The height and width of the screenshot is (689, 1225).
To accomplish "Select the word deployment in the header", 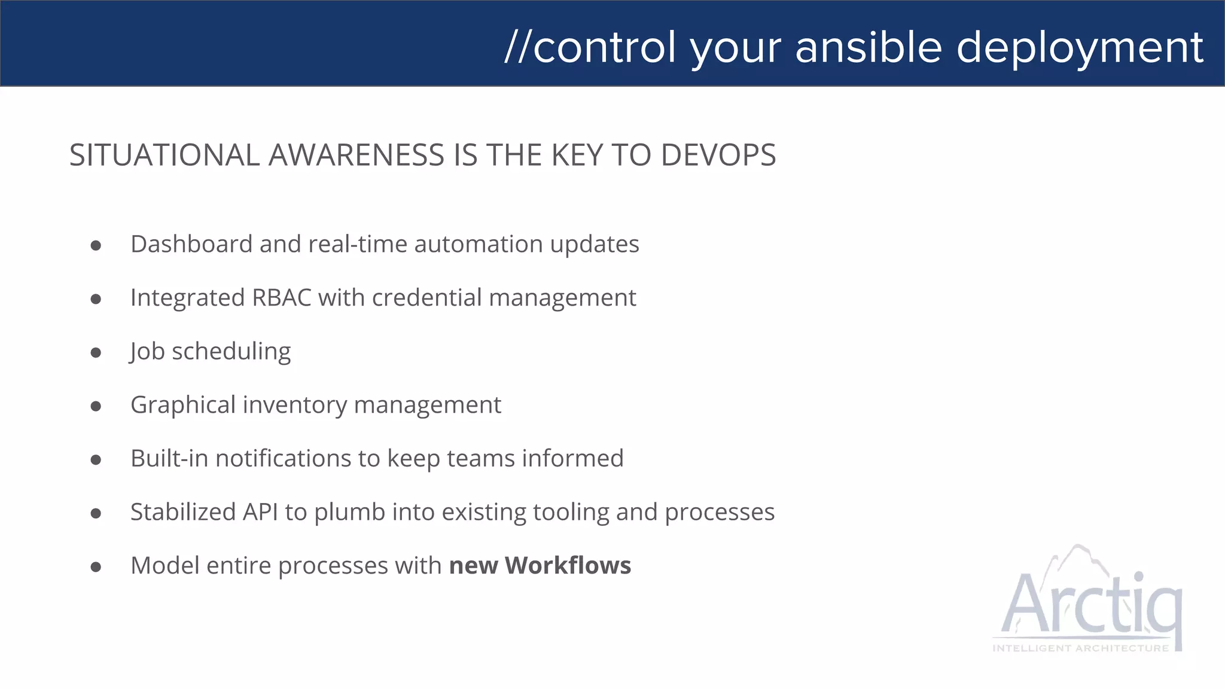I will pyautogui.click(x=1080, y=48).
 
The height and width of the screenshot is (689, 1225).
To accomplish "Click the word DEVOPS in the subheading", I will pyautogui.click(x=718, y=155).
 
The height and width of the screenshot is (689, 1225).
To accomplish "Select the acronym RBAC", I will pyautogui.click(x=282, y=298).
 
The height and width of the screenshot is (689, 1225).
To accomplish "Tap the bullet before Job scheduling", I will pyautogui.click(x=96, y=352).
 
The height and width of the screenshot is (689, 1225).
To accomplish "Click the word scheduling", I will pyautogui.click(x=231, y=352).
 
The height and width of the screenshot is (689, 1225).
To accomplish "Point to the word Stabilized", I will pyautogui.click(x=183, y=513).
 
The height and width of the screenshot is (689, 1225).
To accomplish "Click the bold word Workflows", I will pyautogui.click(x=568, y=566).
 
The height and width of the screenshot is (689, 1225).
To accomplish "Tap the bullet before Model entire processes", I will pyautogui.click(x=96, y=566).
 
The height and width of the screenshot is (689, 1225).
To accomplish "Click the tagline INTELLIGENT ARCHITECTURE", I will pyautogui.click(x=1080, y=648).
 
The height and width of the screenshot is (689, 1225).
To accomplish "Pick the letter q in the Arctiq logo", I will pyautogui.click(x=1166, y=610).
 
